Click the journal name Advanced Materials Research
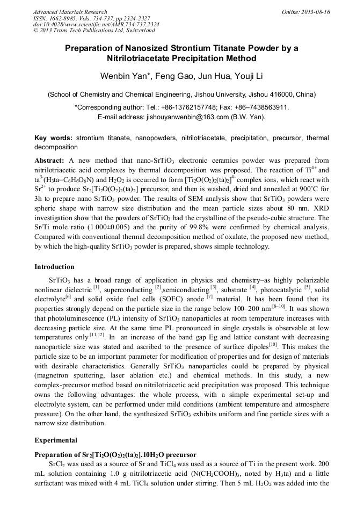(70, 12)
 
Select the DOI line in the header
(96, 25)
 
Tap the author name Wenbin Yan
(124, 75)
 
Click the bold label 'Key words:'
(54, 138)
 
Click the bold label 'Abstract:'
(49, 161)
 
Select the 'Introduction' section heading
(54, 267)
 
